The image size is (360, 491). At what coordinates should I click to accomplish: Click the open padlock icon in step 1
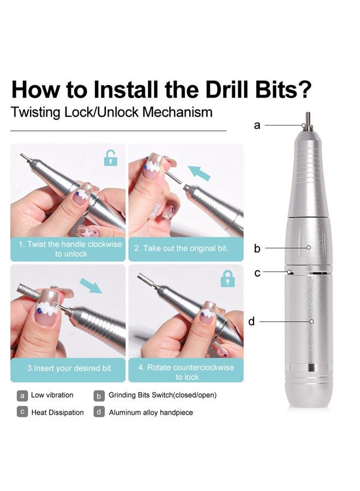click(111, 158)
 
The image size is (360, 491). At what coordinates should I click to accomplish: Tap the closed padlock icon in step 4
click(228, 279)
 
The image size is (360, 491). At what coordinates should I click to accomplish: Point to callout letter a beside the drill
click(257, 125)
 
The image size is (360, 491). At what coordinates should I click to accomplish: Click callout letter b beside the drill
click(257, 249)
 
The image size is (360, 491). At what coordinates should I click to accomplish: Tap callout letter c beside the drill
click(257, 273)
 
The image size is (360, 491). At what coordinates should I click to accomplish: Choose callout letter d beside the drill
click(251, 322)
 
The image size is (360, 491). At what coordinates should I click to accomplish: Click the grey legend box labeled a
click(22, 396)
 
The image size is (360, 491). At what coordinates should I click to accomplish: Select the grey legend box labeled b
click(99, 396)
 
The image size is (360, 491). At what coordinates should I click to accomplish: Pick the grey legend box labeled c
click(22, 412)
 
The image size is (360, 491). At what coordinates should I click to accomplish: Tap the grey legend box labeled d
click(99, 412)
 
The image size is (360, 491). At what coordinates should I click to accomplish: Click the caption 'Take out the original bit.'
click(181, 248)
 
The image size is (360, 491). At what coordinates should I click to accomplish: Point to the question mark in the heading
click(305, 89)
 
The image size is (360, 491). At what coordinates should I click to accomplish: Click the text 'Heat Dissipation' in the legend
click(57, 412)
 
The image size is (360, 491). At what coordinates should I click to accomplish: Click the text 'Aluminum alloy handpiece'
click(151, 412)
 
